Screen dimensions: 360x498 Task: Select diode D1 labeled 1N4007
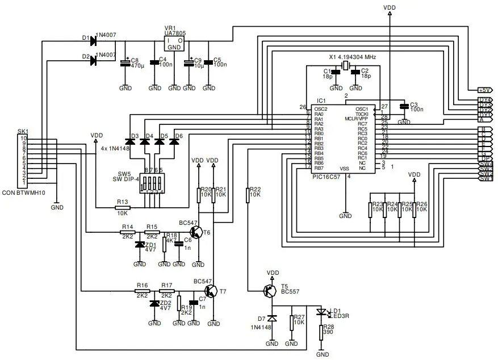94,39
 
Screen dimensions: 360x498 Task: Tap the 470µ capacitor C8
125,64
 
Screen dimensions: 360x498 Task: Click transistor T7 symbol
212,291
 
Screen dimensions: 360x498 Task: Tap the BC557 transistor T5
270,290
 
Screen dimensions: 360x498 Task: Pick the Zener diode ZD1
140,245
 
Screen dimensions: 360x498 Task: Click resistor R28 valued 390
323,332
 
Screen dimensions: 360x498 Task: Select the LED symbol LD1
323,312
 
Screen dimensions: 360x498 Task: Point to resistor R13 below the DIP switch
122,207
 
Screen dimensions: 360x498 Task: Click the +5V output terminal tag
484,89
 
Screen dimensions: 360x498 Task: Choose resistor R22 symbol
248,195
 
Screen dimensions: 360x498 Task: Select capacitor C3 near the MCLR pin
404,106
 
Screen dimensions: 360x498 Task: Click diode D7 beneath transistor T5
272,319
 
